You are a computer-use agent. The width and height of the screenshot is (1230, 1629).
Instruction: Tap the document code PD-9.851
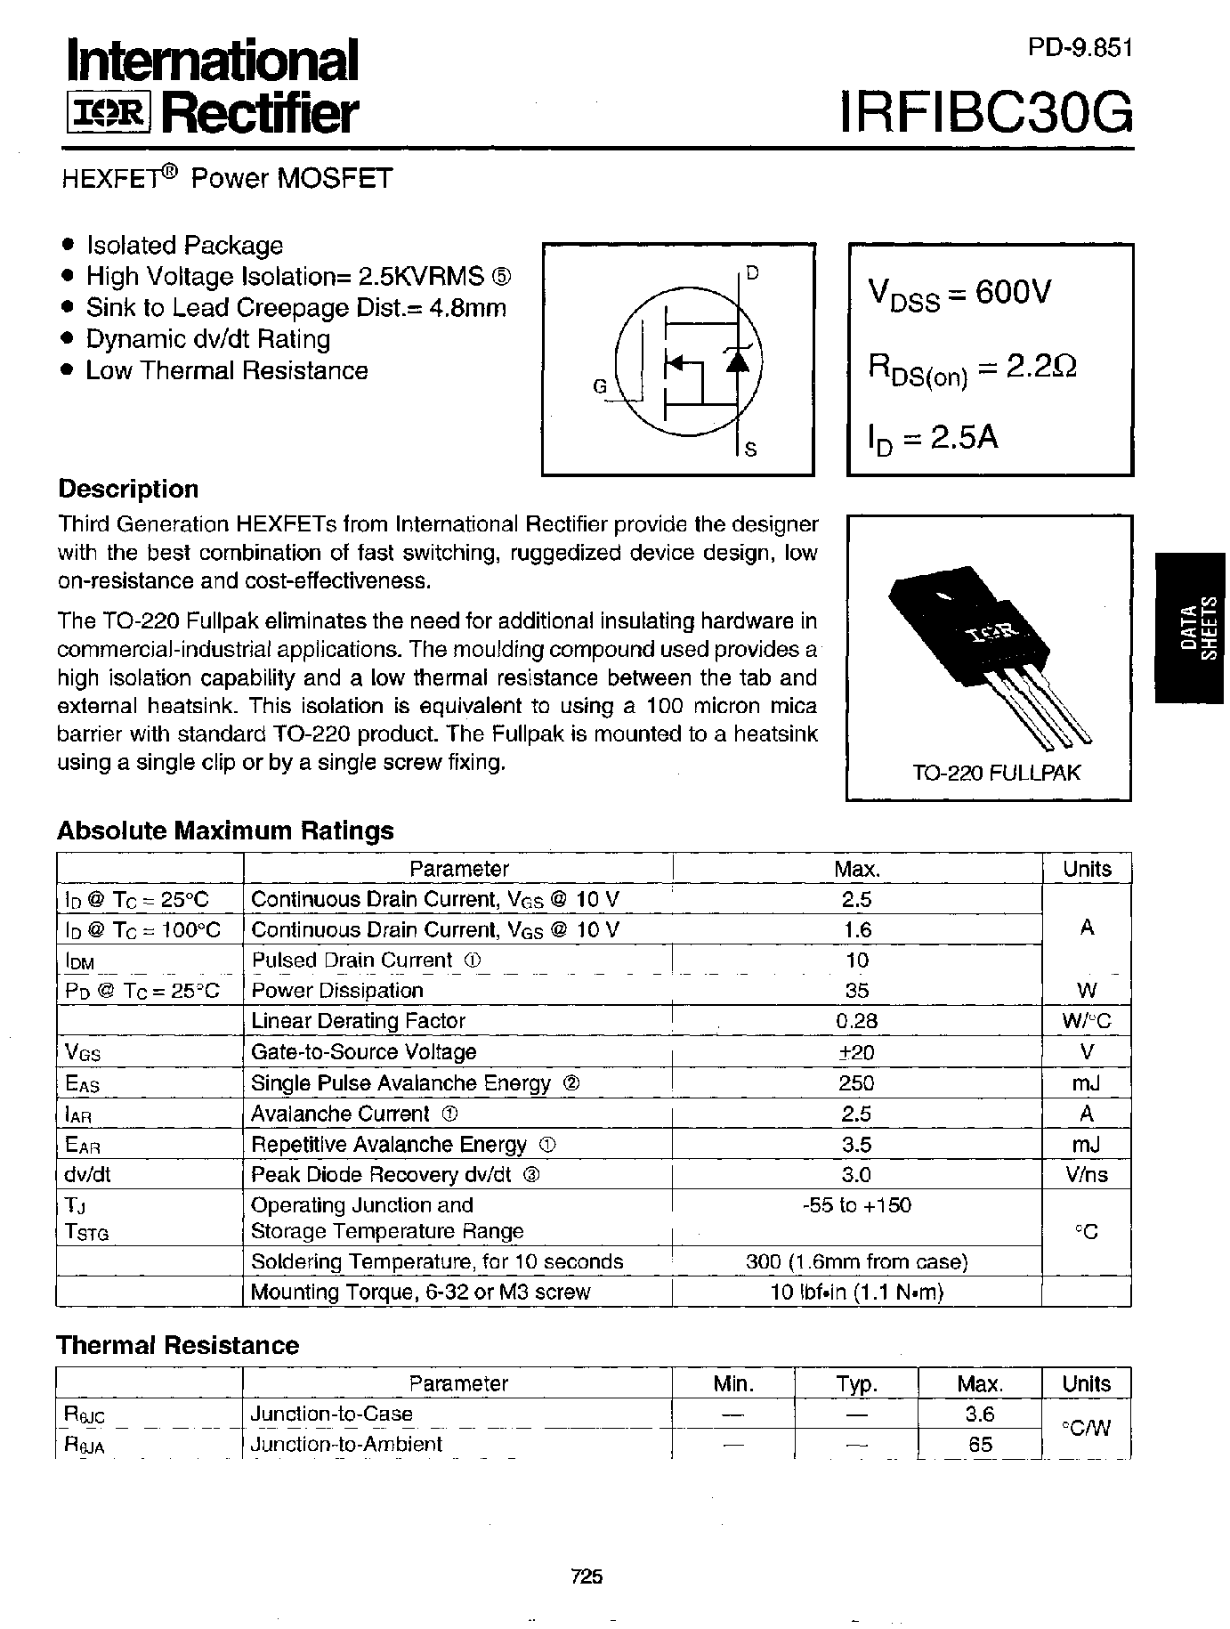coord(1080,49)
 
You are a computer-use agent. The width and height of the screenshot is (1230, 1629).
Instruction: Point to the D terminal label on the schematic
coord(752,273)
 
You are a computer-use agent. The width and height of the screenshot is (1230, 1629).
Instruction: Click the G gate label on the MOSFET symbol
coord(600,386)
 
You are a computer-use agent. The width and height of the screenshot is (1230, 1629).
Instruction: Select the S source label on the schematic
coord(750,450)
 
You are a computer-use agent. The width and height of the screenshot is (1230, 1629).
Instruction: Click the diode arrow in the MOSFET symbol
coord(736,360)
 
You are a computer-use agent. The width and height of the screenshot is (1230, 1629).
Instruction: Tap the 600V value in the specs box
coord(1013,291)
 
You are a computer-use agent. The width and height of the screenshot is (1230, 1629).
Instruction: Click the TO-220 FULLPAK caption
coord(996,772)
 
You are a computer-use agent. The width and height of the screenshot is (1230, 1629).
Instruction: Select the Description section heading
coord(128,489)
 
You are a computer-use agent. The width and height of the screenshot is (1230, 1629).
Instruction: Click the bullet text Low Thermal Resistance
coord(226,370)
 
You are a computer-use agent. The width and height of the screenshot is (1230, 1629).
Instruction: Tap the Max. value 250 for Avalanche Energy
coord(856,1082)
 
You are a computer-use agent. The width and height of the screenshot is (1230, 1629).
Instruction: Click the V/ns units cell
coord(1086,1174)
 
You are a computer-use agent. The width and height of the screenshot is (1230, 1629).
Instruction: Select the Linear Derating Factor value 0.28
coord(856,1021)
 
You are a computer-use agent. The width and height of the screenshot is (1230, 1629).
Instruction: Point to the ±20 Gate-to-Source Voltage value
coord(856,1052)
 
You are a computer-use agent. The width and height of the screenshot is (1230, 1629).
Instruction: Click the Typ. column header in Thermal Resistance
coord(856,1383)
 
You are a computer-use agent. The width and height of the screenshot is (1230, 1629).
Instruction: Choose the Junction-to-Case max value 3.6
coord(979,1414)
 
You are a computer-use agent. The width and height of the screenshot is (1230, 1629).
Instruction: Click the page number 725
coord(587,1576)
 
